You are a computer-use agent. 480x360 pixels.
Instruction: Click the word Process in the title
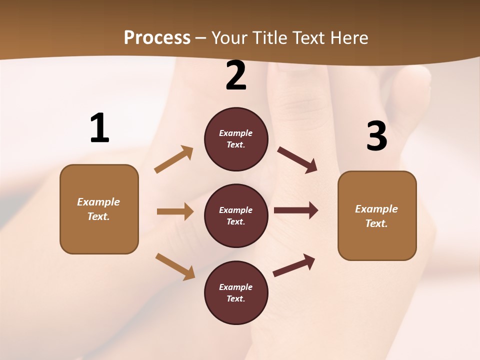pos(157,38)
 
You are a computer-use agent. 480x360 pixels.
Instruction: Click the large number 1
pos(99,128)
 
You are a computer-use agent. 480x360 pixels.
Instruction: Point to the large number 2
pos(236,76)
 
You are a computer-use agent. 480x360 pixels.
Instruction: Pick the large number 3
pos(376,136)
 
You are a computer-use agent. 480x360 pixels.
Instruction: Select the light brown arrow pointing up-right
pos(174,159)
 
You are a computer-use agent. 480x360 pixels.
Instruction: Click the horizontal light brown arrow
pos(175,211)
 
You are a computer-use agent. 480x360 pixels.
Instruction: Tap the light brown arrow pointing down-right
pos(175,266)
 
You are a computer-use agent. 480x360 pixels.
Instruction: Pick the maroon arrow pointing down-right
pos(297,160)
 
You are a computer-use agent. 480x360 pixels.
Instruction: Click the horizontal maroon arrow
pos(296,210)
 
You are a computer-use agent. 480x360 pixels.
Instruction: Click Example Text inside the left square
pos(98,209)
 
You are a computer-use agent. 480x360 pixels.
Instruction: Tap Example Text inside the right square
pos(376,216)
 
